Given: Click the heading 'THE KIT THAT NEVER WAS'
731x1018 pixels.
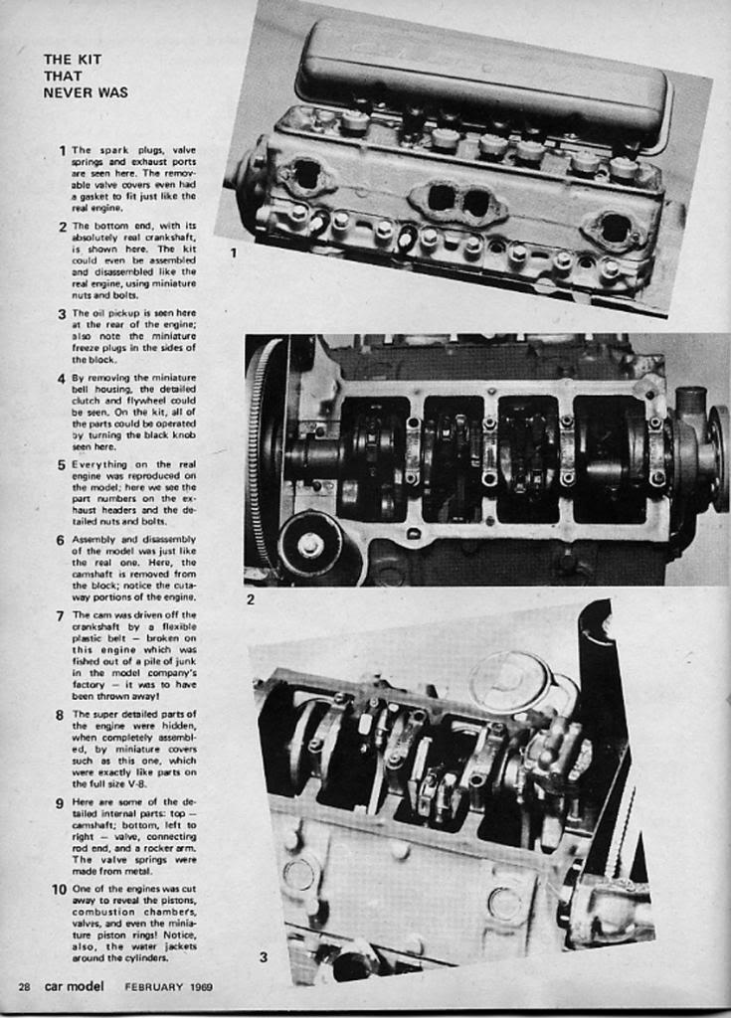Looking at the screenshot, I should tap(86, 76).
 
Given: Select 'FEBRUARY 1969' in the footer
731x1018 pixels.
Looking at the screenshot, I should tap(168, 986).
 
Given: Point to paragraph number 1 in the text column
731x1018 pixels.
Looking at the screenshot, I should tap(62, 150).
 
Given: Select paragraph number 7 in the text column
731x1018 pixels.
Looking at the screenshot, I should tap(61, 615).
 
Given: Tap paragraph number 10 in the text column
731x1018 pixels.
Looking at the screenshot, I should tap(59, 889).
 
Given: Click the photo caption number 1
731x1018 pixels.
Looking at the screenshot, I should tap(234, 253).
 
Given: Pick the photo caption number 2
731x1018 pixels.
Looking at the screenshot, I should tap(251, 599).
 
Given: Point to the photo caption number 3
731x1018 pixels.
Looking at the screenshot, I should tap(263, 957).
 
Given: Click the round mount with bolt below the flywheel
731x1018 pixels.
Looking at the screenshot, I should tap(309, 544).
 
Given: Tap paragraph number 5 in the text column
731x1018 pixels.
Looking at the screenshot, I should tap(61, 464).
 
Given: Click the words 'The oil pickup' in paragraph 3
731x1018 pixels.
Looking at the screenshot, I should tap(100, 313).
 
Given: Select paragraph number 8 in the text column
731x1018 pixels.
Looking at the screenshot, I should tap(61, 714).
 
